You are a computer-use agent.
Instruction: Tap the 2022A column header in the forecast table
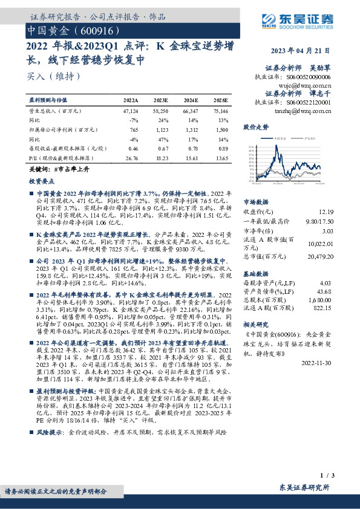pos(131,100)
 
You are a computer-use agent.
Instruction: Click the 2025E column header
pos(221,100)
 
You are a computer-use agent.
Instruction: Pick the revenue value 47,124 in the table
pos(131,111)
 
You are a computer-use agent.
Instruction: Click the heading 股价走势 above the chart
pos(255,128)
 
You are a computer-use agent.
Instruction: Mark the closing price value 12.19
pos(326,212)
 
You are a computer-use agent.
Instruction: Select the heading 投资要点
pos(41,181)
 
